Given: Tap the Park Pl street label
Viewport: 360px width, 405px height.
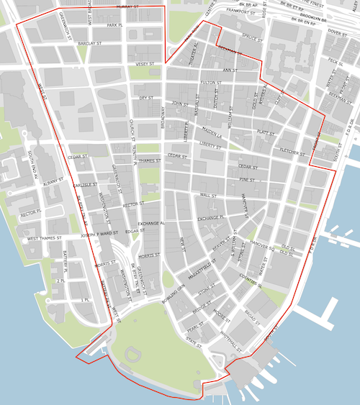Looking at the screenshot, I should pyautogui.click(x=115, y=25).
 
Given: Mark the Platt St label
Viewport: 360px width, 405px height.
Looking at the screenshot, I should pyautogui.click(x=266, y=132).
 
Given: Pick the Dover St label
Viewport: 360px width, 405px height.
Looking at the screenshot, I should pyautogui.click(x=338, y=32).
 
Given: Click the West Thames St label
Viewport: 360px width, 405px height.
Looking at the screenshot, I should pyautogui.click(x=45, y=238).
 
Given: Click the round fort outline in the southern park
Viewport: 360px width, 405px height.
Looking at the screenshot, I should pyautogui.click(x=133, y=354).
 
